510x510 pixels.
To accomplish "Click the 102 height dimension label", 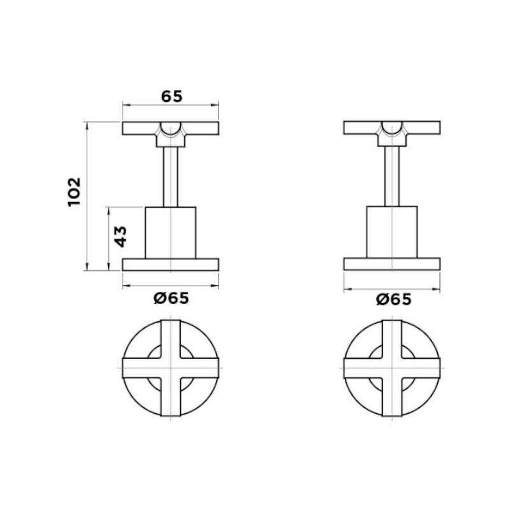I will tap(74, 191).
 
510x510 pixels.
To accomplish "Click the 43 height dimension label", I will tap(121, 235).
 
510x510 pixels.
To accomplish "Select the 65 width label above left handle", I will tap(171, 96).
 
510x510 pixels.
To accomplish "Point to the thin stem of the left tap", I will tap(170, 175).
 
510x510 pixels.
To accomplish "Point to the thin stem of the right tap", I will tap(392, 175).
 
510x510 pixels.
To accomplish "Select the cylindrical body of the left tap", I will tap(170, 232).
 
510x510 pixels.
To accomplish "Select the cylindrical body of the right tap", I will tap(392, 232).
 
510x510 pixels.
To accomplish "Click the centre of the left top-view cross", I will tap(170, 368).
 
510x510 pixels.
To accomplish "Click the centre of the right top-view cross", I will tap(392, 368).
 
